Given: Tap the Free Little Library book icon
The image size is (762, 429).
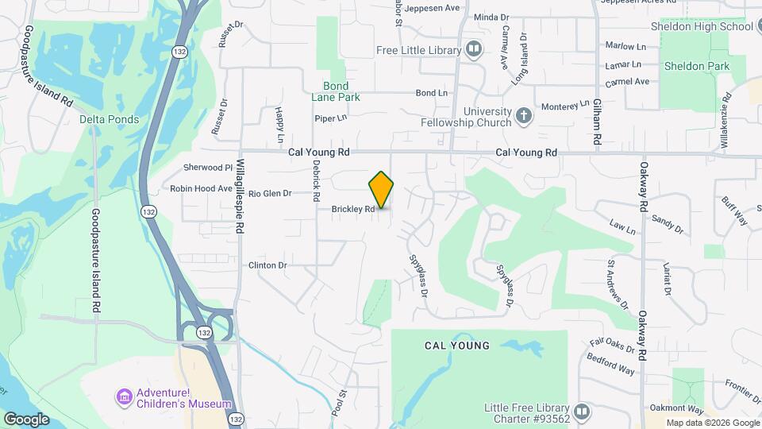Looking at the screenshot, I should [474, 50].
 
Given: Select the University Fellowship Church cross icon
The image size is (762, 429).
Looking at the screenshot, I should [523, 116].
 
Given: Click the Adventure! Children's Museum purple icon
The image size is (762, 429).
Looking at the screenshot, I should [124, 396].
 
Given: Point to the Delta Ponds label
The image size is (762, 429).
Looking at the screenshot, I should [110, 120].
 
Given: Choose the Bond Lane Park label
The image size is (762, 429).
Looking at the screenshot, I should [341, 91].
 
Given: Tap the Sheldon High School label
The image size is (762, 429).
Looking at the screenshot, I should [701, 26].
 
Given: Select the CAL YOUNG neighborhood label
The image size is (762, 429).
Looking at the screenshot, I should [457, 346].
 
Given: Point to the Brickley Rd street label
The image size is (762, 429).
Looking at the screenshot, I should [353, 210].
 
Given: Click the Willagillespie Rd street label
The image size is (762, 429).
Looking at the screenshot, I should [239, 194].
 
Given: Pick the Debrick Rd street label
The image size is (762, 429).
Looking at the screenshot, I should [316, 179].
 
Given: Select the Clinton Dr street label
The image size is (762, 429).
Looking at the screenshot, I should [267, 265].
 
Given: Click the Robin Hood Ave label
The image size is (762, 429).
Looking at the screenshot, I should [201, 189].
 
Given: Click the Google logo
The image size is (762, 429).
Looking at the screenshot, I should [25, 419].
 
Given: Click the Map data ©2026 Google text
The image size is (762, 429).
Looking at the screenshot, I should [712, 423].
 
